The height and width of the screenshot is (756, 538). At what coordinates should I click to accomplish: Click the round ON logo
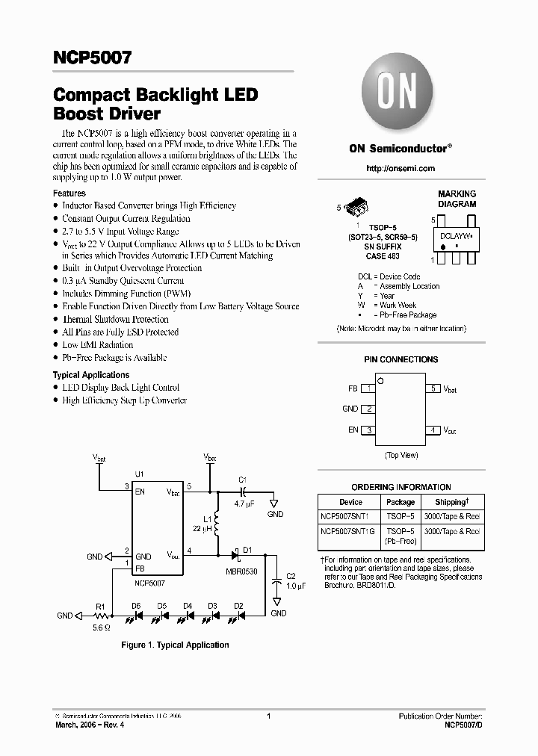point(400,96)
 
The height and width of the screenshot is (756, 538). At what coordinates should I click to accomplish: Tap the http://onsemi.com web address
point(400,169)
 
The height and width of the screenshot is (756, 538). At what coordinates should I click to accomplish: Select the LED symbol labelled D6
point(137,616)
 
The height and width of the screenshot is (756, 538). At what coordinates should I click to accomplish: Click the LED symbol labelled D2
point(239,616)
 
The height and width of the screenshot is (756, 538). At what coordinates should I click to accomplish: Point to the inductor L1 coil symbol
point(217,525)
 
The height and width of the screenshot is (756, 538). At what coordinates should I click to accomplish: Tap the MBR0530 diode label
point(241,572)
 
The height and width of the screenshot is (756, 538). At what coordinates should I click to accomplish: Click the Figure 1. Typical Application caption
point(176,645)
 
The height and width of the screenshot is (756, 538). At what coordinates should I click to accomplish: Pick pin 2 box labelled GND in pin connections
point(368,409)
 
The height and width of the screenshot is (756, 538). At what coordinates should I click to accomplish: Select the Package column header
point(401,502)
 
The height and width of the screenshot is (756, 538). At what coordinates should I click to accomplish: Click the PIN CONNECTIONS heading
point(401,359)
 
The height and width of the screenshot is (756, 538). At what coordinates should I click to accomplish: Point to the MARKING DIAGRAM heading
point(457,199)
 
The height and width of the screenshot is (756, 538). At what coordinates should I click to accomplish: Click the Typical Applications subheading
point(91,375)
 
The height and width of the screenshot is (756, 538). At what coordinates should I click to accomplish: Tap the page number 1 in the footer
point(268,716)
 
